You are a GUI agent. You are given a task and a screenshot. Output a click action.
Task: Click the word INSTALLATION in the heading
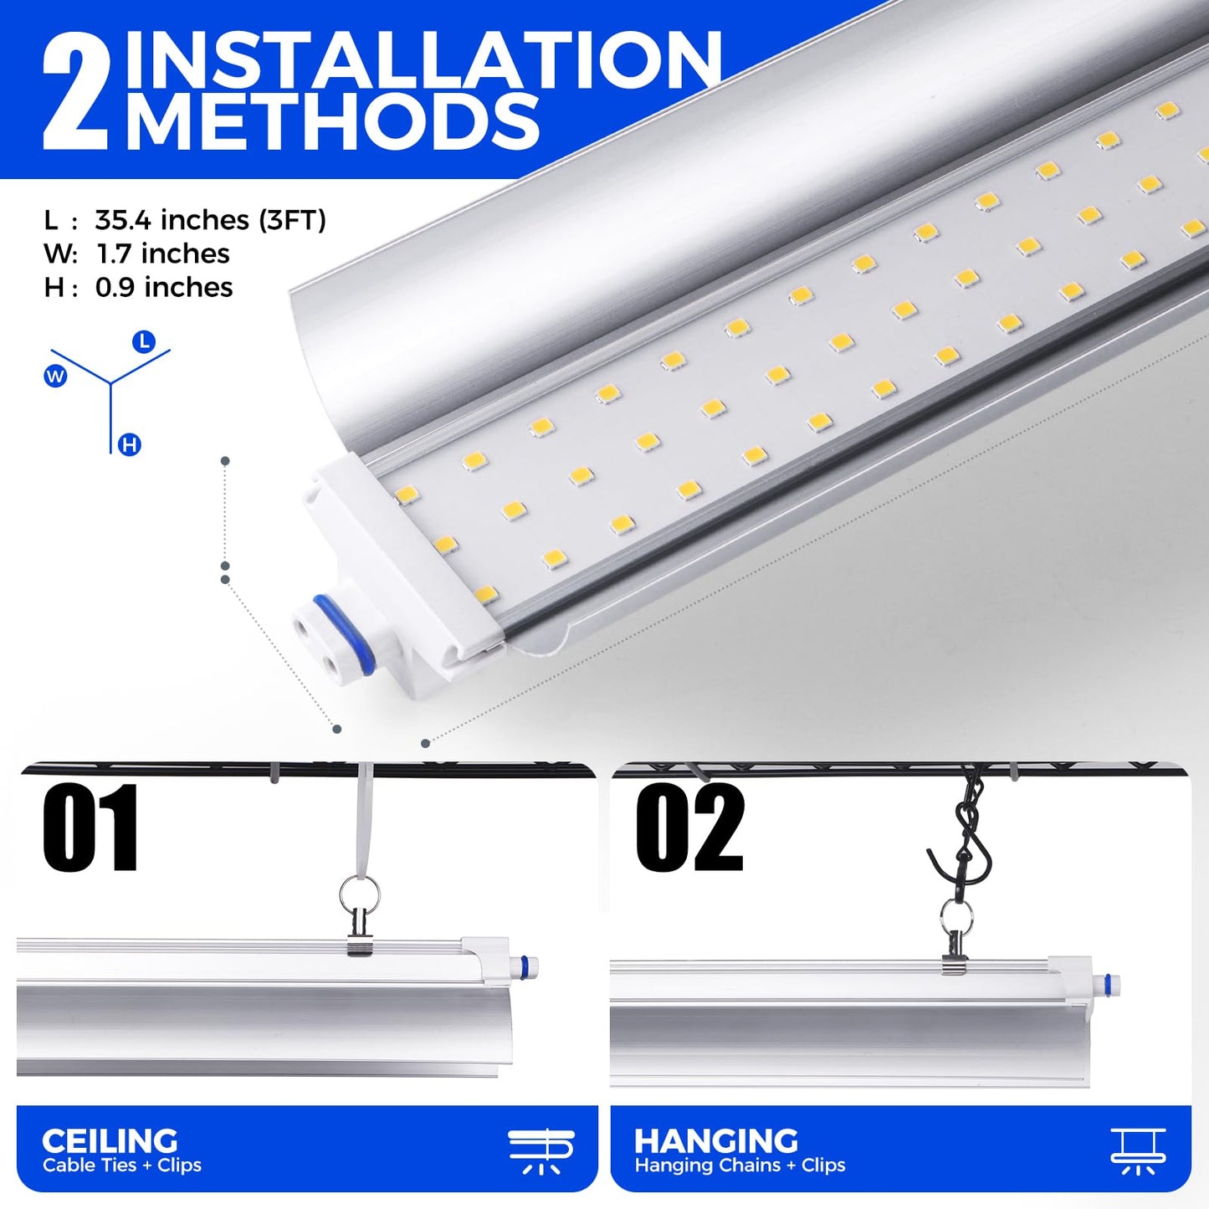(x=423, y=59)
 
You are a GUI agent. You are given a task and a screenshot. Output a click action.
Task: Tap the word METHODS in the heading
(x=333, y=120)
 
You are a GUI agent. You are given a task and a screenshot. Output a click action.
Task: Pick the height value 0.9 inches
(x=164, y=288)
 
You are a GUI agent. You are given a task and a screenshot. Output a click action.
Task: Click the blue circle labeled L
(x=144, y=342)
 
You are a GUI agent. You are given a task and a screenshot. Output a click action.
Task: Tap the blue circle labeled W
(x=55, y=376)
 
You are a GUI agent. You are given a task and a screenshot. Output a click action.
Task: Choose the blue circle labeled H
(x=129, y=445)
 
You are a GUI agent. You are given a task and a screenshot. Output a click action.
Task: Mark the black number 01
(x=90, y=827)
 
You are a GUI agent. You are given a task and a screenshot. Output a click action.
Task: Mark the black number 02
(x=689, y=827)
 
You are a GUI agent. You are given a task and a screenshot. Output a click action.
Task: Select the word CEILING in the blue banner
(x=110, y=1140)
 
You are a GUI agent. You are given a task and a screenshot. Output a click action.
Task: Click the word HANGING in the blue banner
(x=716, y=1140)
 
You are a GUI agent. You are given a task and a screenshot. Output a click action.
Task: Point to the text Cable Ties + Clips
(x=122, y=1165)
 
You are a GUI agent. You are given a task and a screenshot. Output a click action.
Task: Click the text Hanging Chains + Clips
(x=740, y=1165)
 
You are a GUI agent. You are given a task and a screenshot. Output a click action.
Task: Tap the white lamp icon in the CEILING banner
(x=540, y=1151)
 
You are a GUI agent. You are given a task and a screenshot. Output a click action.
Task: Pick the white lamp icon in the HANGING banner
(x=1138, y=1151)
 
